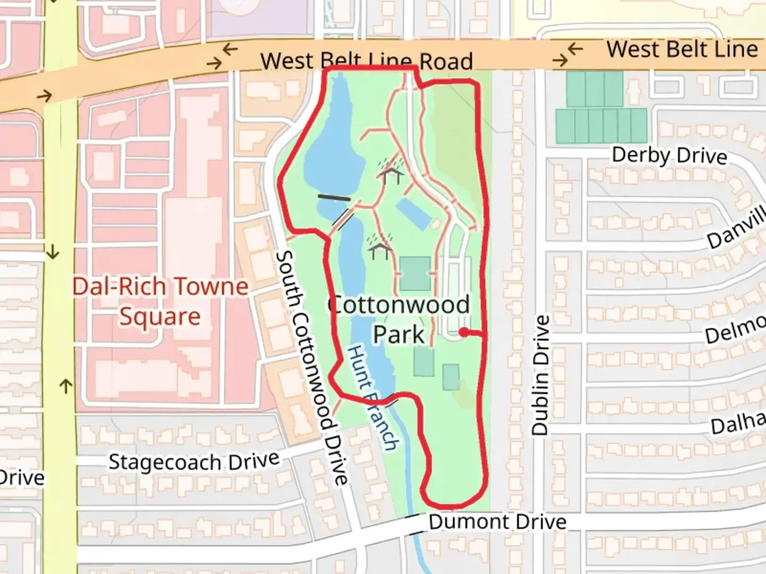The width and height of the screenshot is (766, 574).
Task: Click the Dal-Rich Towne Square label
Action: [160, 301]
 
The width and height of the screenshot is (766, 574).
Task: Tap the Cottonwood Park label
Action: [398, 319]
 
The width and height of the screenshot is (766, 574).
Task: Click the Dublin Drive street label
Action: [540, 375]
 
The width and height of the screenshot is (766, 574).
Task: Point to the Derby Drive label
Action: [669, 155]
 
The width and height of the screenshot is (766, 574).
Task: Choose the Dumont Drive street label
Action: [497, 522]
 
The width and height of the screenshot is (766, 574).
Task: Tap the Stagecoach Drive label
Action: [194, 461]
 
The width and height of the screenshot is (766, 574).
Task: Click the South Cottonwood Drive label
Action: [312, 368]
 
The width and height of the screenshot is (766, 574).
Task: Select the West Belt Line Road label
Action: [367, 61]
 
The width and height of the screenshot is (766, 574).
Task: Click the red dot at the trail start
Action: [464, 332]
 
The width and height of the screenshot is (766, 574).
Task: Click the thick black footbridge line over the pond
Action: [334, 197]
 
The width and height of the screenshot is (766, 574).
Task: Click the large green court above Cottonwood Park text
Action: [415, 274]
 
